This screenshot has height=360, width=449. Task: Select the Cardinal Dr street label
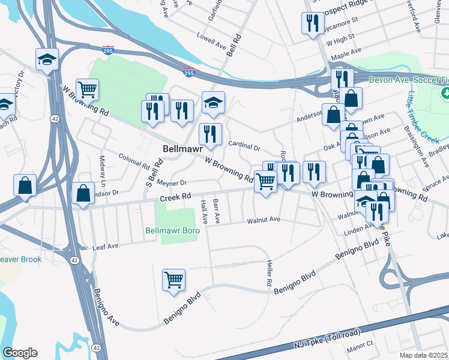(x=244, y=145)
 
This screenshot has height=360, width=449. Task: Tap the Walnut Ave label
(x=264, y=220)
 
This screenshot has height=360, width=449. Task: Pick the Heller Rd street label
(x=270, y=274)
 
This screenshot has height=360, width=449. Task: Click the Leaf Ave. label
(x=106, y=246)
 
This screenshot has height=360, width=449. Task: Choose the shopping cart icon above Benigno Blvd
(x=173, y=280)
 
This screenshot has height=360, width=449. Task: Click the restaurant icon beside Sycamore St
(x=312, y=23)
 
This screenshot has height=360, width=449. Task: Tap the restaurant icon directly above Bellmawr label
(x=210, y=134)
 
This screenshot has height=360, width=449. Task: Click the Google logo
(x=20, y=353)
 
